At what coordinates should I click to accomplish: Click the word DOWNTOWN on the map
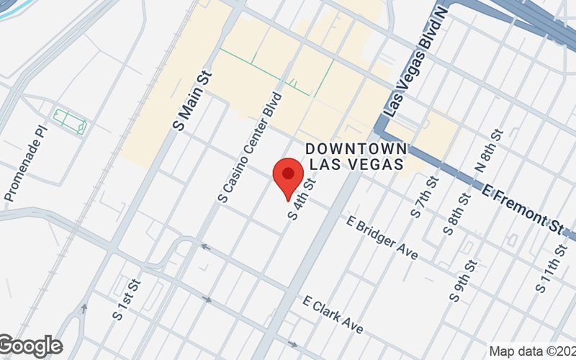(356, 148)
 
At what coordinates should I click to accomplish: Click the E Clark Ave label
(333, 315)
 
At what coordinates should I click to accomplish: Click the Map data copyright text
(531, 351)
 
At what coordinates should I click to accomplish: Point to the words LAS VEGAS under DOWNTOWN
(356, 164)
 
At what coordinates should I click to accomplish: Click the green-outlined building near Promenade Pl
(70, 121)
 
